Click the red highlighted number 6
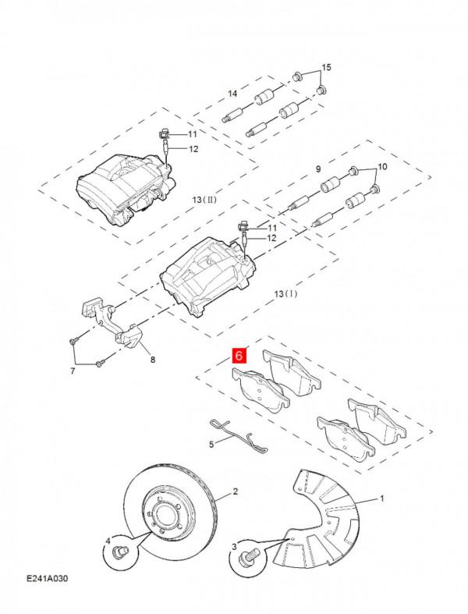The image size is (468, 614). tap(239, 357)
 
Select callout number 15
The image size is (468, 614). tap(326, 68)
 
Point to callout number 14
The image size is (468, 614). tap(232, 94)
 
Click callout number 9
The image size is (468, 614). tap(318, 169)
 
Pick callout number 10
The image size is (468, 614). tap(382, 168)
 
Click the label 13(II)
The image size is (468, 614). tap(204, 200)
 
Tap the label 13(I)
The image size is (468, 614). tap(286, 294)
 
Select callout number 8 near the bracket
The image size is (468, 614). tap(153, 360)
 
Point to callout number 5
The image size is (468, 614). tap(210, 444)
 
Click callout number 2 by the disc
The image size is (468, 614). tap(234, 492)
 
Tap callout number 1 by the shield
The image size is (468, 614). tap(382, 497)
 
